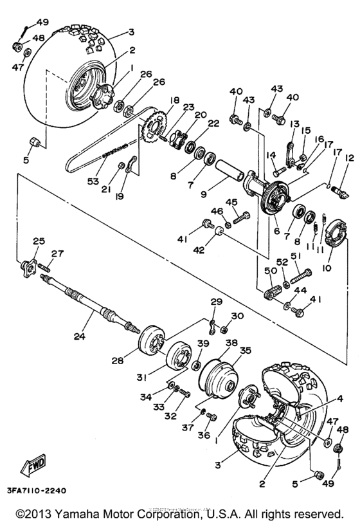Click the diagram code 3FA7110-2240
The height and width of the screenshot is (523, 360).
pyautogui.click(x=42, y=490)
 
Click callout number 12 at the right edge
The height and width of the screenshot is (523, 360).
pyautogui.click(x=350, y=158)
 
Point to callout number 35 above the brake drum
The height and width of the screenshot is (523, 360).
pyautogui.click(x=244, y=350)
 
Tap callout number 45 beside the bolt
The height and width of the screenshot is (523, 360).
pyautogui.click(x=233, y=203)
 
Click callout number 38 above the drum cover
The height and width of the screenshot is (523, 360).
pyautogui.click(x=230, y=344)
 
